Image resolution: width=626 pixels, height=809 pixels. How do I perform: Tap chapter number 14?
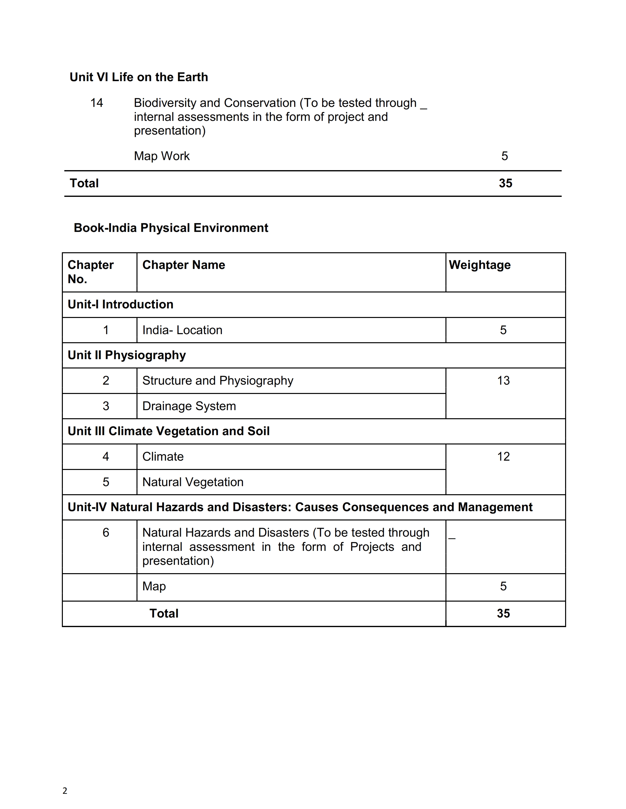(x=96, y=103)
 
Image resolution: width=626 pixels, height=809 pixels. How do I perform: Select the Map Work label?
(x=162, y=156)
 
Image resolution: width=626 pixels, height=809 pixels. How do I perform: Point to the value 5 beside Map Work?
(x=504, y=156)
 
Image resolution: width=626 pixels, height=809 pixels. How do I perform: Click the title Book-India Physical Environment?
(x=171, y=228)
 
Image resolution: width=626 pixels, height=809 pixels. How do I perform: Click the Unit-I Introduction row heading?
(x=121, y=304)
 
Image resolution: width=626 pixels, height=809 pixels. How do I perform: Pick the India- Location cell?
(x=182, y=330)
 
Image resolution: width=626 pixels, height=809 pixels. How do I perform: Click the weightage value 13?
(x=503, y=381)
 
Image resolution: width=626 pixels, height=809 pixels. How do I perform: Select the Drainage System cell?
(x=189, y=406)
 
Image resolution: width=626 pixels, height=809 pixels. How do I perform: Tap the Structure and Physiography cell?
(x=218, y=381)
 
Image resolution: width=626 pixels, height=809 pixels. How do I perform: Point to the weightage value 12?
(x=503, y=457)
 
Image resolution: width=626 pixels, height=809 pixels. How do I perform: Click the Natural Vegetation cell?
(x=193, y=482)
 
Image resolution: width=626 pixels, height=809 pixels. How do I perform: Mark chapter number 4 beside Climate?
(x=106, y=457)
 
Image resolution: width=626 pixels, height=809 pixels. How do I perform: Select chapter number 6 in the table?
(x=106, y=533)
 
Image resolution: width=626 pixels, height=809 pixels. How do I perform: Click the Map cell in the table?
(x=154, y=586)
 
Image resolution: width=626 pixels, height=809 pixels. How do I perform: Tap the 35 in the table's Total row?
(x=503, y=613)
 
